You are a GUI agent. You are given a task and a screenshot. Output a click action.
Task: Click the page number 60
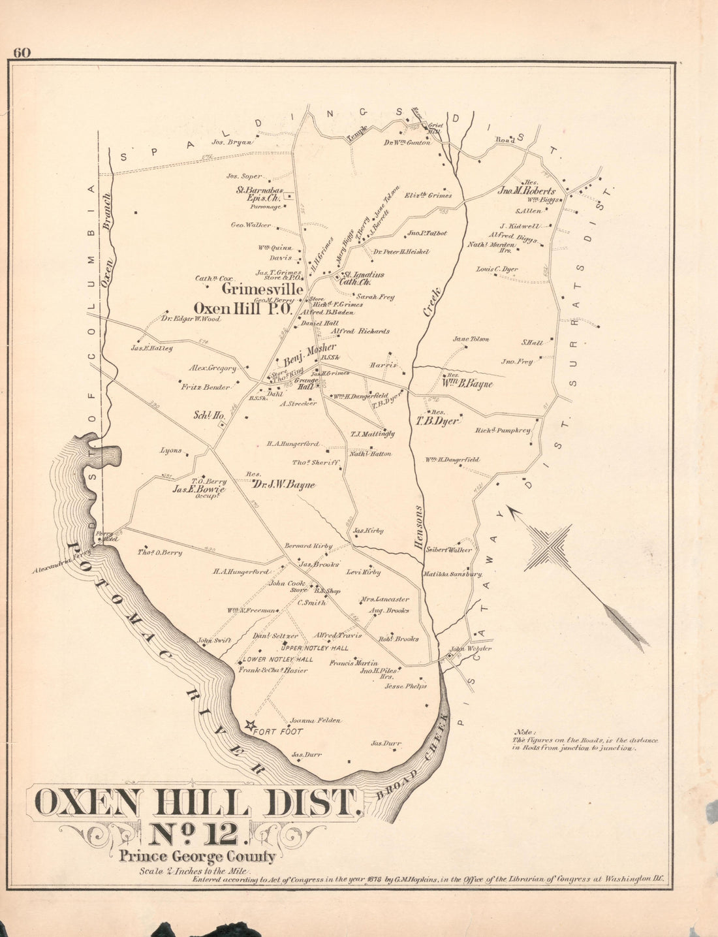(x=22, y=54)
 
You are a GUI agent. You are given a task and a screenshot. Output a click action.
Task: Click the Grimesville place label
(x=262, y=289)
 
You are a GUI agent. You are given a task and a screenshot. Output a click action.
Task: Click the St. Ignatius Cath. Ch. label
(x=364, y=278)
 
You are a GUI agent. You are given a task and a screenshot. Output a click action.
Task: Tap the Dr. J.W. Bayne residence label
(x=283, y=485)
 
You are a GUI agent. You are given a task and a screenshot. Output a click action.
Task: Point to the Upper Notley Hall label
(x=315, y=648)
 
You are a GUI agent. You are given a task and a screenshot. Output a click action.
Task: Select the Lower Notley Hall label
(x=278, y=659)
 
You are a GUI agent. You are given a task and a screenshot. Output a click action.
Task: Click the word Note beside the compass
(x=524, y=732)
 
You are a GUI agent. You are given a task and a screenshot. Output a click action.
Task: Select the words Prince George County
(x=197, y=857)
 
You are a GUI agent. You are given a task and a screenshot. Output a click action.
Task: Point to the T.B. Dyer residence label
(x=438, y=421)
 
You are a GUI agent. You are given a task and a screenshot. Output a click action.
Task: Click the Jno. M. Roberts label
(x=527, y=191)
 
